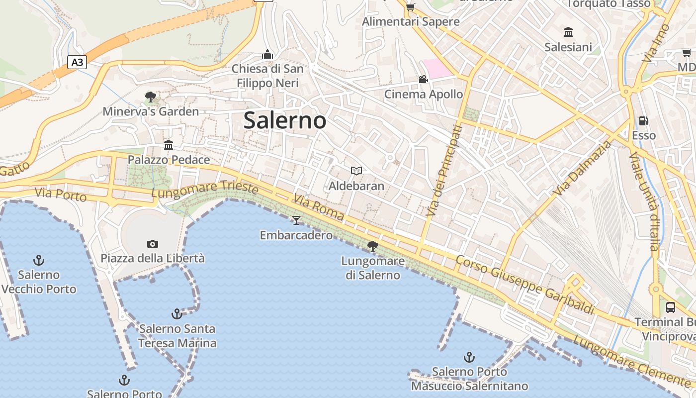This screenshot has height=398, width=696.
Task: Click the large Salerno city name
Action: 285,120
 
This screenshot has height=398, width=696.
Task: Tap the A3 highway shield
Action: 77,62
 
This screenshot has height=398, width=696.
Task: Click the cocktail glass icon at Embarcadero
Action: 296,220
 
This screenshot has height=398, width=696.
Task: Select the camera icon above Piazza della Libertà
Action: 153,244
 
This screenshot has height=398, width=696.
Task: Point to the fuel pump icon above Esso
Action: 643,120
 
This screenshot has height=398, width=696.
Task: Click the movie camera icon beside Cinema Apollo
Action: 423,79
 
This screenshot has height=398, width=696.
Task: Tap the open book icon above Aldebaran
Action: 356,171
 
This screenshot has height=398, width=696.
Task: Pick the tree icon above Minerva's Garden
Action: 151,97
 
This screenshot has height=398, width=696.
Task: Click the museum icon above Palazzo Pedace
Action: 169,145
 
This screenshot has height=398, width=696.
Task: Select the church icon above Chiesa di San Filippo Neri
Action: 267,54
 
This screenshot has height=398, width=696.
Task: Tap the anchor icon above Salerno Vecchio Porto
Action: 39,260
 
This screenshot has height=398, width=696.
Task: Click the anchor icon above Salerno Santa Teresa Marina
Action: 176,313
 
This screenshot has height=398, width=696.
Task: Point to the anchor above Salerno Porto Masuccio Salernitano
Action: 469,357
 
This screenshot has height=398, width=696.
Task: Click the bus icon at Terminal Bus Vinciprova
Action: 670,307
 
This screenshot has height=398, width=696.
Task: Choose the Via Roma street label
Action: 318,207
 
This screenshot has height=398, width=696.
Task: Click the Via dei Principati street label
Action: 444,171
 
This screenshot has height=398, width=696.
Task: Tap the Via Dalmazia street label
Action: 583,168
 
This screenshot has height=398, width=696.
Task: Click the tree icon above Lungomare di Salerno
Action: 372,245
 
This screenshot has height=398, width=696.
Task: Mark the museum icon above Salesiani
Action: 568,32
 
